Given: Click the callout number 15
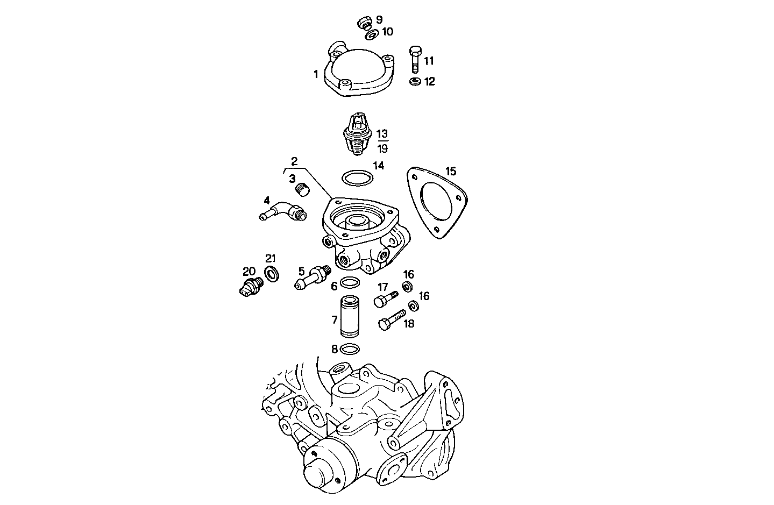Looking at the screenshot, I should click(450, 172).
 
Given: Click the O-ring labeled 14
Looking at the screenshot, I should click(356, 177).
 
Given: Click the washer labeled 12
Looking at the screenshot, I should click(414, 82).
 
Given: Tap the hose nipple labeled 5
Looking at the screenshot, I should click(311, 278).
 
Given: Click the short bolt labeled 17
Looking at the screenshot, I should click(385, 298).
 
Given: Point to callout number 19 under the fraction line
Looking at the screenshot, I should click(382, 149).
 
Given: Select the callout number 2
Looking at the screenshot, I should click(294, 161).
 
